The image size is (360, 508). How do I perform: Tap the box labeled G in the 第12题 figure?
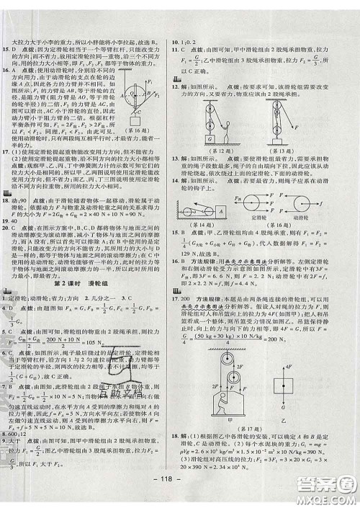tap(210, 135)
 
